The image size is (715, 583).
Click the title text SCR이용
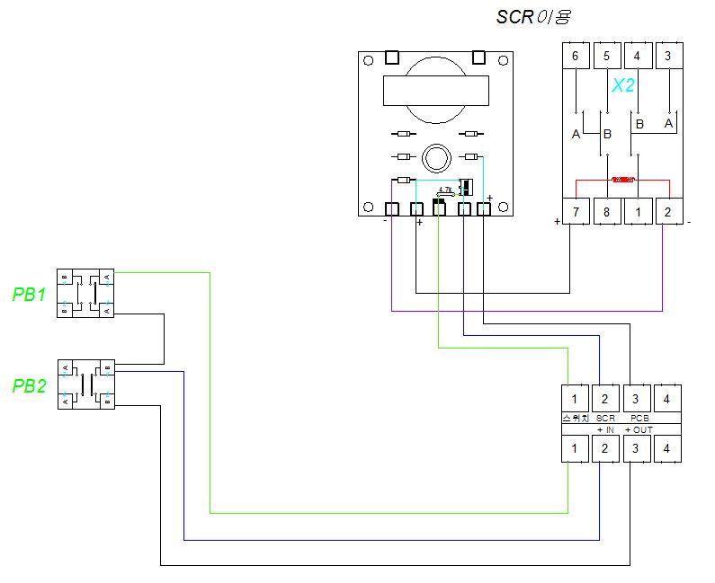point(533,16)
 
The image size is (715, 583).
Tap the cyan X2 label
point(623,85)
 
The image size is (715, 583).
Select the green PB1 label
point(29,294)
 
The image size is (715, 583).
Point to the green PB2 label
point(29,386)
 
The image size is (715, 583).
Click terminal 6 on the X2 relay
point(576,56)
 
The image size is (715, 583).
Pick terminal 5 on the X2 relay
point(607,56)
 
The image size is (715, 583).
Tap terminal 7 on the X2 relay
point(576,211)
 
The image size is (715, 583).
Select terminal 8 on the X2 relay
point(607,211)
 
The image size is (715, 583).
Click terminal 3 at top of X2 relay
point(667,56)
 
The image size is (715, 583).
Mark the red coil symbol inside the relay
point(622,180)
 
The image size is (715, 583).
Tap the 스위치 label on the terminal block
point(575,419)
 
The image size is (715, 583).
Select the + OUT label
point(639,430)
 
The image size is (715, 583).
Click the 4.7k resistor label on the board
point(445,190)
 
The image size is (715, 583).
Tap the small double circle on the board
point(436,158)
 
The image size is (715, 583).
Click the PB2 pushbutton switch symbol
point(86,384)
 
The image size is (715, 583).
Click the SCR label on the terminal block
point(605,419)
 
